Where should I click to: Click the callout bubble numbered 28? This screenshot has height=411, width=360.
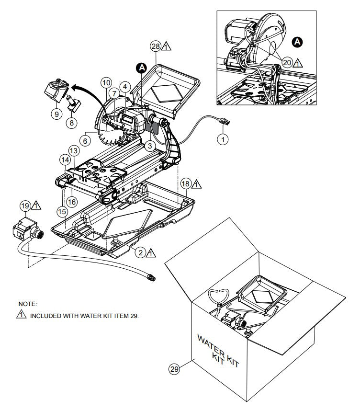coord(155,46)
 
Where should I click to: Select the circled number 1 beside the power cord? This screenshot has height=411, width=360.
coord(222,139)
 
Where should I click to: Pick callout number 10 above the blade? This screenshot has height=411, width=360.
coord(106,82)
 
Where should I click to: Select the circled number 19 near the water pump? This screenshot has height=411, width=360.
coord(25,206)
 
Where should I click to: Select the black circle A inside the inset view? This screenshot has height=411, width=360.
coord(297,43)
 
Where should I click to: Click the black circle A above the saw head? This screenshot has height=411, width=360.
coord(142,68)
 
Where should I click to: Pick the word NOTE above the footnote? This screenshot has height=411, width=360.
coord(27,304)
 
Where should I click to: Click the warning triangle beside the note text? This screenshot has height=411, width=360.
coord(21,315)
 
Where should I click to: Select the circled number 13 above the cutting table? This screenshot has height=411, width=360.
coord(73,150)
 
